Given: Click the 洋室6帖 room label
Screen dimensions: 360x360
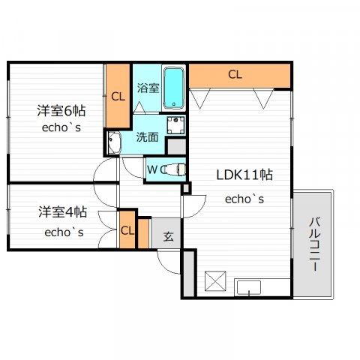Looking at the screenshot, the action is pyautogui.click(x=61, y=111).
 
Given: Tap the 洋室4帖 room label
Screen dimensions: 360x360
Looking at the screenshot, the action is pyautogui.click(x=63, y=212).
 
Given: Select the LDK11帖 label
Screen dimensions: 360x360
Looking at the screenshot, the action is pyautogui.click(x=244, y=175).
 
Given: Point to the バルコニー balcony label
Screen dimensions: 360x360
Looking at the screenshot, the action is pyautogui.click(x=315, y=244).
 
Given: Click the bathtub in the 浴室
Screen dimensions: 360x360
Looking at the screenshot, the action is pyautogui.click(x=174, y=88).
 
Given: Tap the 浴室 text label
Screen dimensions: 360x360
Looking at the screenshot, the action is pyautogui.click(x=148, y=88).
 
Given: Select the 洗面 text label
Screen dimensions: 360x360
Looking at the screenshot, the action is pyautogui.click(x=147, y=137).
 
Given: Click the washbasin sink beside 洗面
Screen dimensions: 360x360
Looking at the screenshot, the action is pyautogui.click(x=114, y=143).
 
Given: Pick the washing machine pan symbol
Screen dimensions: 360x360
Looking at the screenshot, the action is pyautogui.click(x=176, y=125).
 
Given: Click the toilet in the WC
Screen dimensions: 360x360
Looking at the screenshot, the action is pyautogui.click(x=174, y=170).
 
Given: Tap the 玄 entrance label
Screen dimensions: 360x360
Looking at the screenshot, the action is pyautogui.click(x=168, y=236).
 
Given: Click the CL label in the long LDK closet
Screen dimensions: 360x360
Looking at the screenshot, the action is pyautogui.click(x=235, y=74).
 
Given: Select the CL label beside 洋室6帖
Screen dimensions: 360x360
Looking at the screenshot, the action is pyautogui.click(x=118, y=97).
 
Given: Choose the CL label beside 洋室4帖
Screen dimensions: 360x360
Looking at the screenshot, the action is pyautogui.click(x=127, y=231).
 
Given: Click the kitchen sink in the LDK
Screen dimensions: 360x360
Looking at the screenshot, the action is pyautogui.click(x=249, y=287).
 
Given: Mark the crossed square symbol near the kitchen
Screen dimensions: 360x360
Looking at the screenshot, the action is pyautogui.click(x=215, y=281).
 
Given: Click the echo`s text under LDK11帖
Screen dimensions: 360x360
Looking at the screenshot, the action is pyautogui.click(x=244, y=199).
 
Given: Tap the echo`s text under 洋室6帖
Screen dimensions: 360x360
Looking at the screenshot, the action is pyautogui.click(x=61, y=127).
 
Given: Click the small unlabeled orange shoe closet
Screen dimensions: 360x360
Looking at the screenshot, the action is pyautogui.click(x=143, y=233).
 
